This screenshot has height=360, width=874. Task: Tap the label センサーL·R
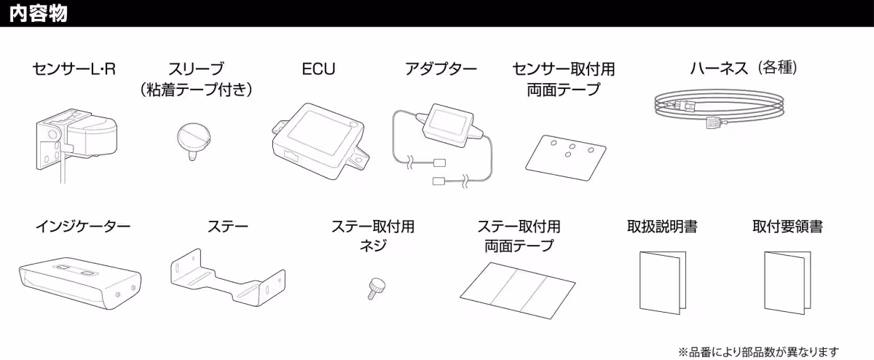[x=74, y=69]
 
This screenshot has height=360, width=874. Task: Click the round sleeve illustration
[x=194, y=138]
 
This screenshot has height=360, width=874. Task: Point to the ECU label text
[x=318, y=69]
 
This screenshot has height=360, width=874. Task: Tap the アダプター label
[x=441, y=69]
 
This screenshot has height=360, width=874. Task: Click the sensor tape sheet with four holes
[x=567, y=152]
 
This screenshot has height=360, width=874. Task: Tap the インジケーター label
[x=83, y=227]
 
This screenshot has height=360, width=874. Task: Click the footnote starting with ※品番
[x=758, y=352]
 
